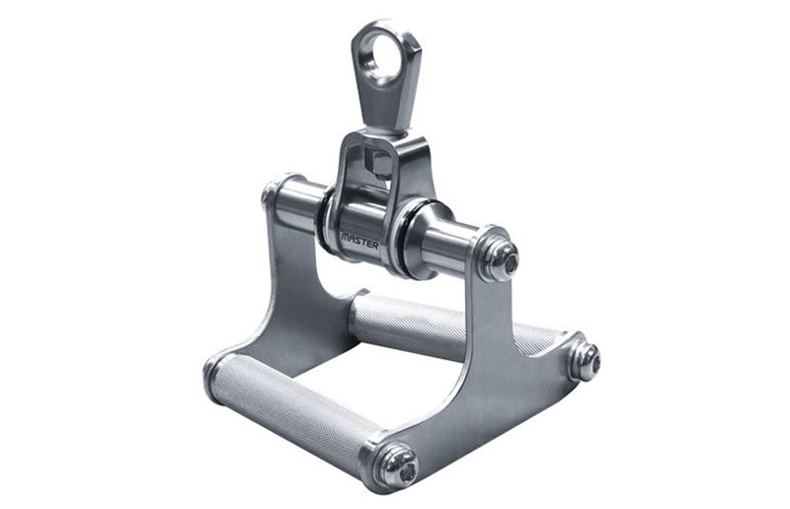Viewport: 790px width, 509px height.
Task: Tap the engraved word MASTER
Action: pyautogui.click(x=360, y=237)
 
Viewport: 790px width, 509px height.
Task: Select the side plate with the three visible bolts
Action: pyautogui.click(x=474, y=375)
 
